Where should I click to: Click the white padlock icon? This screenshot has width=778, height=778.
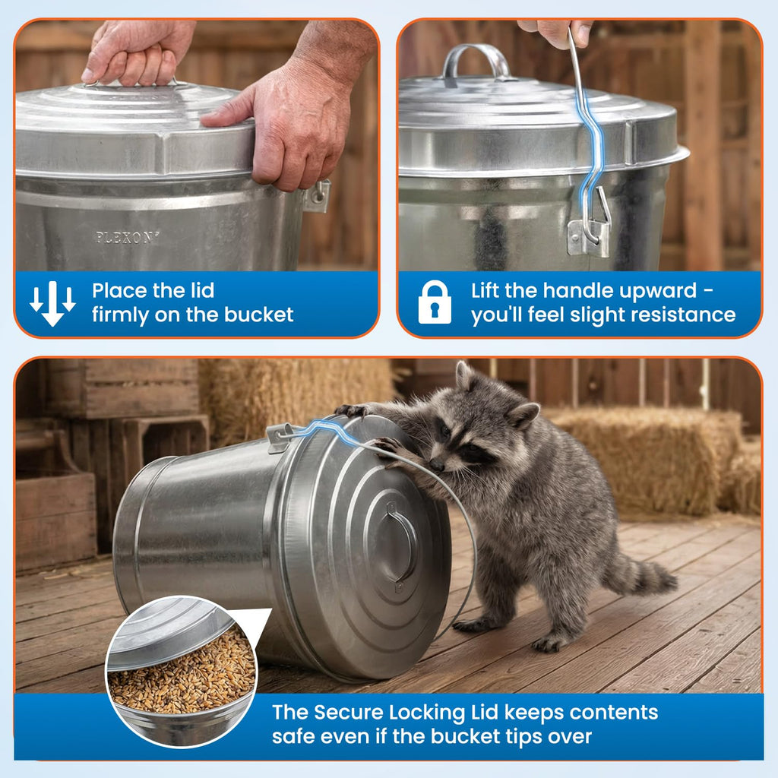435,302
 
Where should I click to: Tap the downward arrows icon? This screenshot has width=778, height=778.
52,303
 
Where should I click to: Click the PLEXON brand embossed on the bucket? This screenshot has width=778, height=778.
125,238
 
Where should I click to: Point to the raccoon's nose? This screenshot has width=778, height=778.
436,465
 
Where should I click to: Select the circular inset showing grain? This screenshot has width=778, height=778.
182,672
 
